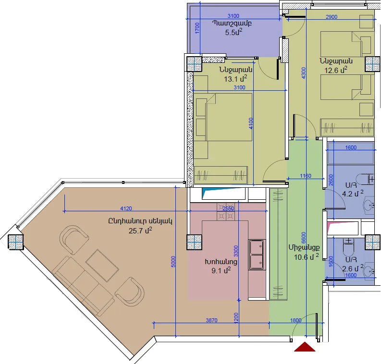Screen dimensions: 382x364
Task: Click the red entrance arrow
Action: point(305,347)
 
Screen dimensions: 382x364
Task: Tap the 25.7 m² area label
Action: point(140,231)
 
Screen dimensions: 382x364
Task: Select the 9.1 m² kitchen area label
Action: point(221,270)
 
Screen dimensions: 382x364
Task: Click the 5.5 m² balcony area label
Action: point(234,32)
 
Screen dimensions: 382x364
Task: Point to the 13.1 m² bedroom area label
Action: point(235,79)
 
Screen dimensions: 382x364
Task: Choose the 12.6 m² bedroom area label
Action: point(335,70)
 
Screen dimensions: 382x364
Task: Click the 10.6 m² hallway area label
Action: point(306,257)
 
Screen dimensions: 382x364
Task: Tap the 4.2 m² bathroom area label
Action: point(353,194)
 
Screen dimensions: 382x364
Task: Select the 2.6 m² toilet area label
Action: point(353,268)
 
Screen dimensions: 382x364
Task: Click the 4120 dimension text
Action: point(126,208)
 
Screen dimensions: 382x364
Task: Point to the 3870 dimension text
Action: point(211,320)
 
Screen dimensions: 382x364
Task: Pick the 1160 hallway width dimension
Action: point(306,176)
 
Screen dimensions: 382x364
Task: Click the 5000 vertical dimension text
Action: point(173,262)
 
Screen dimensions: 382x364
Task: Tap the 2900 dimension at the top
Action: point(332,17)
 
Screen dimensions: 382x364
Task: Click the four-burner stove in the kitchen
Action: point(226,212)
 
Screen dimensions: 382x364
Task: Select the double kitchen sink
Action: point(257,255)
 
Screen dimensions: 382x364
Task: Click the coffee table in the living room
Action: point(102,266)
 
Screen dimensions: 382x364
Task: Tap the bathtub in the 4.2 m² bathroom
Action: point(351,153)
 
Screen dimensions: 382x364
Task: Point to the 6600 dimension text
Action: point(304,238)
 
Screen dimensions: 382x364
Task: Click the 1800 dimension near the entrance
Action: point(296,320)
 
